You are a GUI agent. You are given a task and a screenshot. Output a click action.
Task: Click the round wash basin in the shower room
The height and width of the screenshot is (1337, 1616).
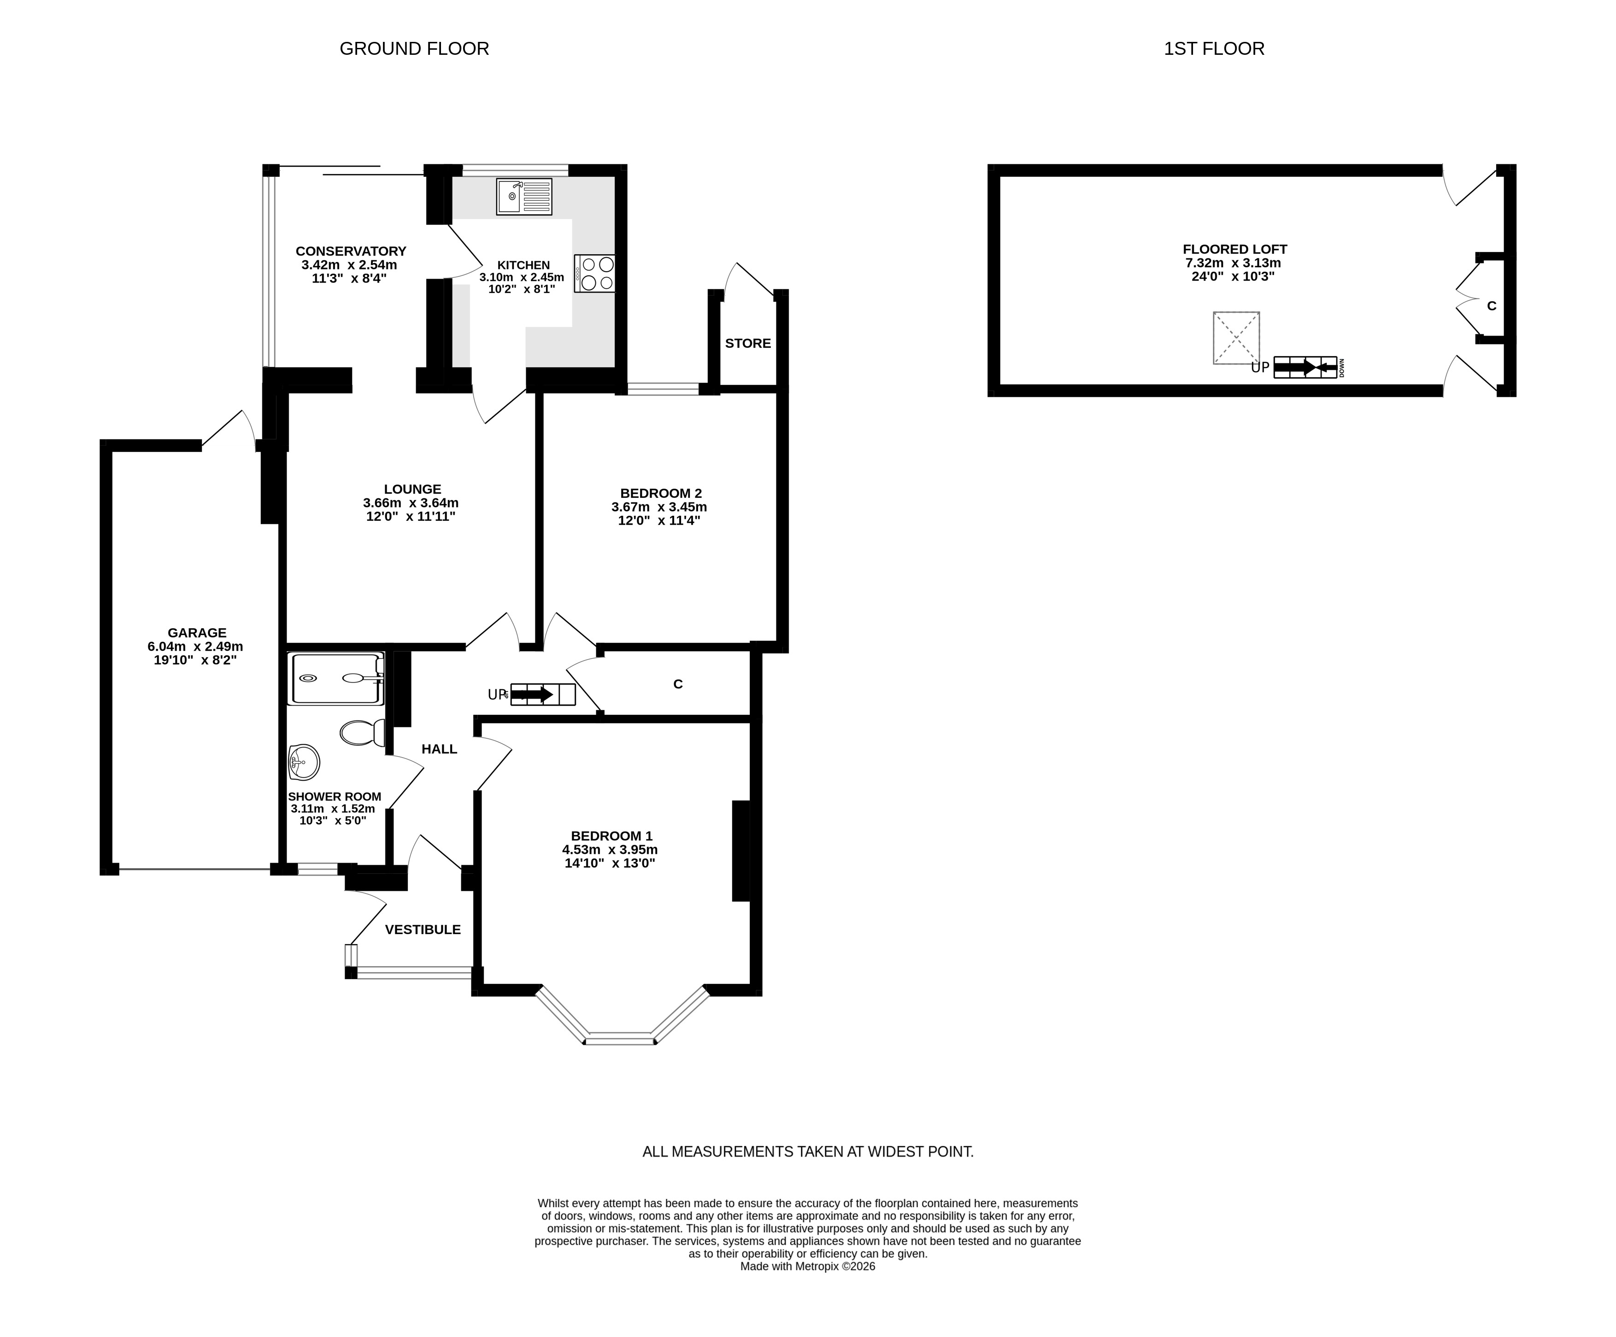point(304,762)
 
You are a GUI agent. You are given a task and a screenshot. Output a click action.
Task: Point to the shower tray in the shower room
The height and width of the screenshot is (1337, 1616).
point(335,678)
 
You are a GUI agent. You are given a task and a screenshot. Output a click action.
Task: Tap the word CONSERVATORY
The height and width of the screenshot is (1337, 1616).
point(351,251)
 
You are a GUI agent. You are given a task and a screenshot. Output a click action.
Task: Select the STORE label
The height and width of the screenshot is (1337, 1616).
point(748,343)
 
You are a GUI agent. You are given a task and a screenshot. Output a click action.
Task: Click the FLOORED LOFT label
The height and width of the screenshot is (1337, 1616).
point(1235,249)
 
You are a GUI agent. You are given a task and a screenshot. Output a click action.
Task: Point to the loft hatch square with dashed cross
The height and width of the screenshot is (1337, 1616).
point(1237,338)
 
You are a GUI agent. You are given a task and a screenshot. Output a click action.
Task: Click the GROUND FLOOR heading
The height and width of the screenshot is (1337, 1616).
point(414,48)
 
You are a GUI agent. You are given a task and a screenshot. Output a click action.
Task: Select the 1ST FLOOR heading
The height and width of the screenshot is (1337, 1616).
point(1214,48)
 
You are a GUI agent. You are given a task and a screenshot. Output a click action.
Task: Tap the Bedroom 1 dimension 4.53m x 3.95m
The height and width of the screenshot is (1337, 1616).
point(610,849)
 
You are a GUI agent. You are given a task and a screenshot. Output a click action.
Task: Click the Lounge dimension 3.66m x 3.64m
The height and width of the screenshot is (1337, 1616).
point(411,503)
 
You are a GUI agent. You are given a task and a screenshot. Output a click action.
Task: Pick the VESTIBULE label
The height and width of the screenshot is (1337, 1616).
point(423,929)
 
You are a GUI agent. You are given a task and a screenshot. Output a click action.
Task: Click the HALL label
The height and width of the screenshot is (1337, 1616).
point(440,748)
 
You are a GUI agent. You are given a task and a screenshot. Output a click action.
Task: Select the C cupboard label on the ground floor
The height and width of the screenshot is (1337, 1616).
point(678,684)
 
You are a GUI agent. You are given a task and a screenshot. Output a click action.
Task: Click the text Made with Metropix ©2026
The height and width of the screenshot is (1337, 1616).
point(808,1266)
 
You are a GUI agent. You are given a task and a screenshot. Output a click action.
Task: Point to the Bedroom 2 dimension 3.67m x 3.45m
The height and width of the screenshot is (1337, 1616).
point(659,507)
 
